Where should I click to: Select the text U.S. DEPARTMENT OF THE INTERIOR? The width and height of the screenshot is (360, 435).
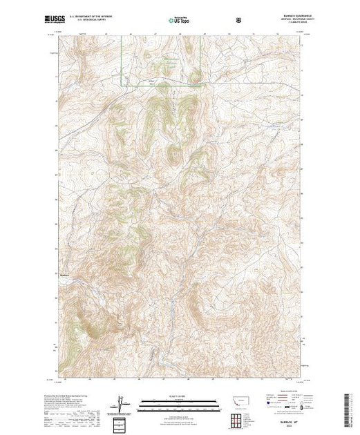point(88,12)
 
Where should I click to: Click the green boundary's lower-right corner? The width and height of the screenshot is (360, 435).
point(201,86)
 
